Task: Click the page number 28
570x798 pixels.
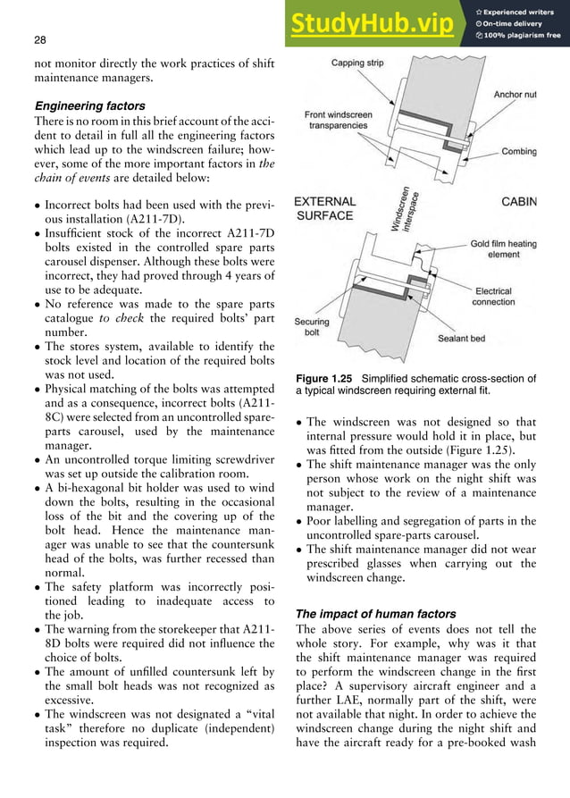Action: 39,40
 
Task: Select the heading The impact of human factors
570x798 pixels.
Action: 365,615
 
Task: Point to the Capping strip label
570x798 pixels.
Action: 359,64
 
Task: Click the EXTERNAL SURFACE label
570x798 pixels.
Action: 325,208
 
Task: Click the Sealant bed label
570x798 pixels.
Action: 462,339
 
